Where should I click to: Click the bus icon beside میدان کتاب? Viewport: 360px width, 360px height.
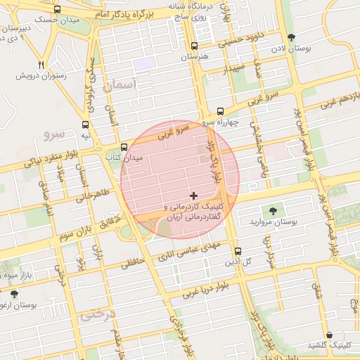[x=124, y=148]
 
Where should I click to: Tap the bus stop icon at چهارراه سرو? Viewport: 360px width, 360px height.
[x=220, y=111]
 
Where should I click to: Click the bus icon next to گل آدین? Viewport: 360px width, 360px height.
[x=237, y=251]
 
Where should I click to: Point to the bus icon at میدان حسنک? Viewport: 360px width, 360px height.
[x=56, y=10]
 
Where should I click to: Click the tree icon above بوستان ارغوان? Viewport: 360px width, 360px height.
[x=14, y=294]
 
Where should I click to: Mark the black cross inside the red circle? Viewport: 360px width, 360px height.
[x=194, y=194]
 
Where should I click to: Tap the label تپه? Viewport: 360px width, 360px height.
[x=85, y=134]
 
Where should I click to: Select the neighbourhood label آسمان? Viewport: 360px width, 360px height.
[x=117, y=85]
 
